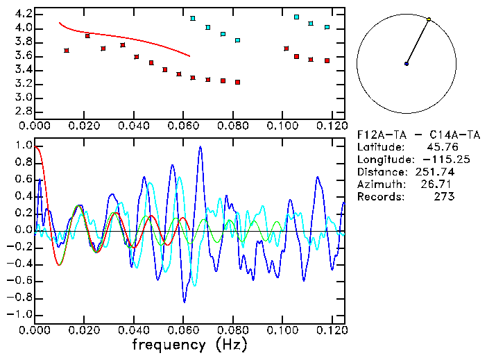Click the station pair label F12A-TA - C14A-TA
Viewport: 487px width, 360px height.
(x=404, y=134)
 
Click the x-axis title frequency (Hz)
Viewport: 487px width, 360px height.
(x=189, y=345)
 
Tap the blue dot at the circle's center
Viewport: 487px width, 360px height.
(x=407, y=64)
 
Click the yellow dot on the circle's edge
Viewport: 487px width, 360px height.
(x=429, y=19)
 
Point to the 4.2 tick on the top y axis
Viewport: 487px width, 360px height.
(x=23, y=14)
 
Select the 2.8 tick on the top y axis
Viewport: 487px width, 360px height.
(x=23, y=111)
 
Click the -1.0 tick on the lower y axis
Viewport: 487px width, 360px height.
(x=20, y=314)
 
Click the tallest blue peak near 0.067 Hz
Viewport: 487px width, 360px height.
(x=200, y=147)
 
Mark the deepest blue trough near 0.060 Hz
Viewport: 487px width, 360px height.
(x=184, y=302)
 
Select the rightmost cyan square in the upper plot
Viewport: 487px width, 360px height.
(x=327, y=28)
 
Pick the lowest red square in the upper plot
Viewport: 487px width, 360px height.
(x=237, y=82)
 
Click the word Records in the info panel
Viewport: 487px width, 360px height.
(x=380, y=196)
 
